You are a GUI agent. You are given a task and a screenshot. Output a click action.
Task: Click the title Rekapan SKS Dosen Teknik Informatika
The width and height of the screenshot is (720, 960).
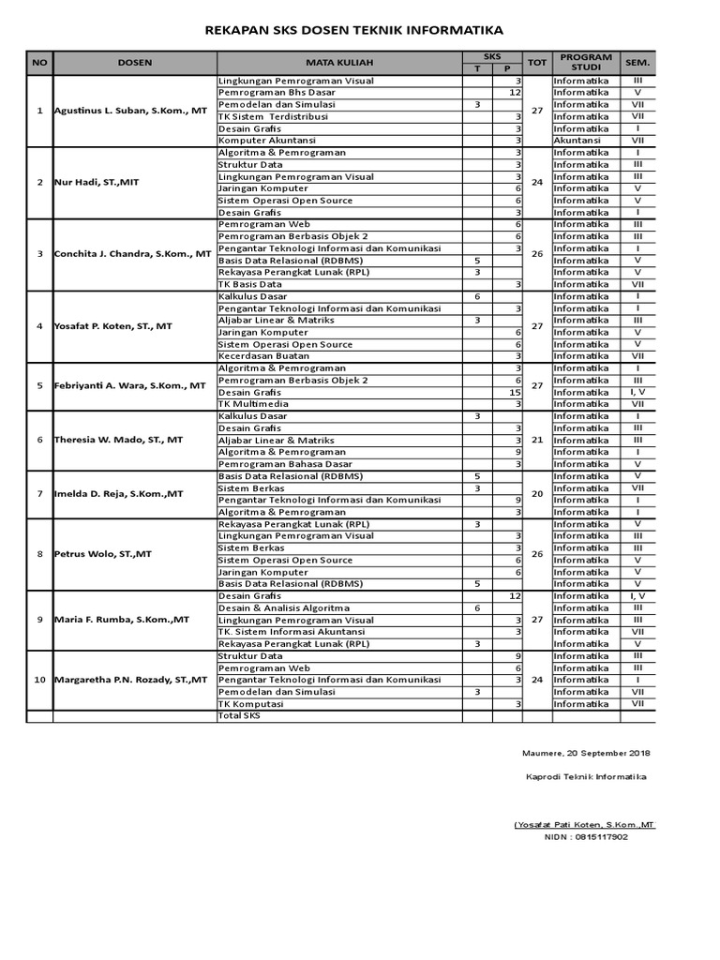(354, 31)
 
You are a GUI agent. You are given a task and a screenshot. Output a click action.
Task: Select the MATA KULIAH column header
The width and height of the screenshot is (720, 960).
(338, 63)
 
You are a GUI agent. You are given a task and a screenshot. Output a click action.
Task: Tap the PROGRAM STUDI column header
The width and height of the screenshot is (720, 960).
(586, 63)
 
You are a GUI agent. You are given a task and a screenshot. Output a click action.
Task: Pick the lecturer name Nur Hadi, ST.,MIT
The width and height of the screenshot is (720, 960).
(97, 182)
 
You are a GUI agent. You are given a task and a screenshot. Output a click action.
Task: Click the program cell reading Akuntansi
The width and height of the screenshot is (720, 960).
(577, 141)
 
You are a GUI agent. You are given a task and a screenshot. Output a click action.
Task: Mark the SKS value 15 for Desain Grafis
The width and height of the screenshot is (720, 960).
(515, 392)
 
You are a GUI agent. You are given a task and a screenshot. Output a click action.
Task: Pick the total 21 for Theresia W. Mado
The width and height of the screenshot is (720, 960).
(537, 440)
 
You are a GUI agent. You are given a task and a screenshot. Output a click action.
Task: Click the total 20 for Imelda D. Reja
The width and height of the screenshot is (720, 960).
(537, 494)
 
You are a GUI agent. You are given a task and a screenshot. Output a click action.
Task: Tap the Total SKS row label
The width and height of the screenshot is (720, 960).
(239, 715)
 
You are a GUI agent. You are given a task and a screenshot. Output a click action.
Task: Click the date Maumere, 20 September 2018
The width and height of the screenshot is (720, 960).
(586, 753)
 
